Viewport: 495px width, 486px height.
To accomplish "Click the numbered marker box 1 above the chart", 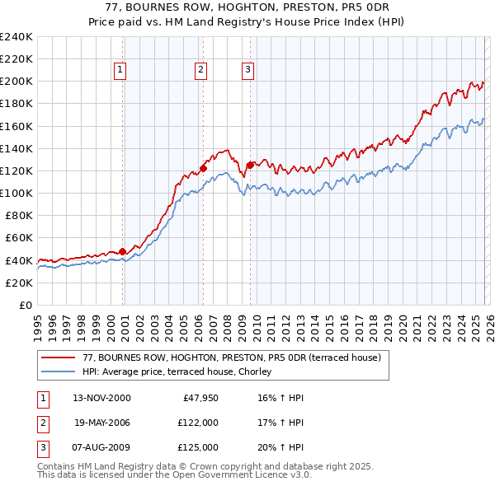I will pos(120,71).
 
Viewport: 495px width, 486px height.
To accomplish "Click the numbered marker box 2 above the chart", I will pos(200,71).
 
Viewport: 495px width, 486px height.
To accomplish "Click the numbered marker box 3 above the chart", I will pos(247,71).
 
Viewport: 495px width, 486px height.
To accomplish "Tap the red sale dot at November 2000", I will pos(123,251).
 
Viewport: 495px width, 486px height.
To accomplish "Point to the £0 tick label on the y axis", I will pos(26,305).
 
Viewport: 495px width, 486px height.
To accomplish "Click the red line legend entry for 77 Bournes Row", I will pos(231,358).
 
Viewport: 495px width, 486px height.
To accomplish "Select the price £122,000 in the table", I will pos(198,423).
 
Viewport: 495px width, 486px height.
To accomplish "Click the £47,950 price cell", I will pos(200,398).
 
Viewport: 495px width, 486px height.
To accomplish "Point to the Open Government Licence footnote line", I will pos(174,475).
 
